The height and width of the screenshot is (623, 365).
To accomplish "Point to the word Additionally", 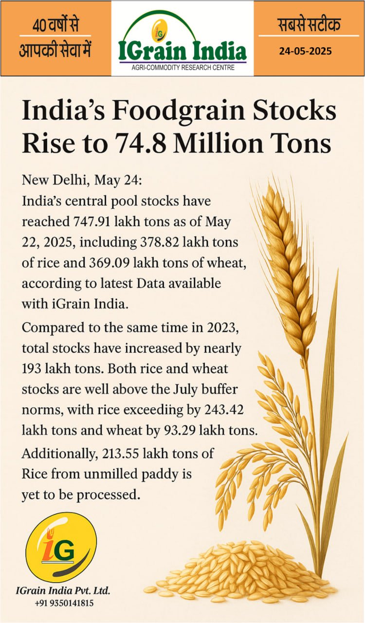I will (x=58, y=454).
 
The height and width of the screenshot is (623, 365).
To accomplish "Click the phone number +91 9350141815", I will (x=64, y=603).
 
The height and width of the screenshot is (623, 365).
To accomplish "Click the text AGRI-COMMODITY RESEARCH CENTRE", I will (x=183, y=68).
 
